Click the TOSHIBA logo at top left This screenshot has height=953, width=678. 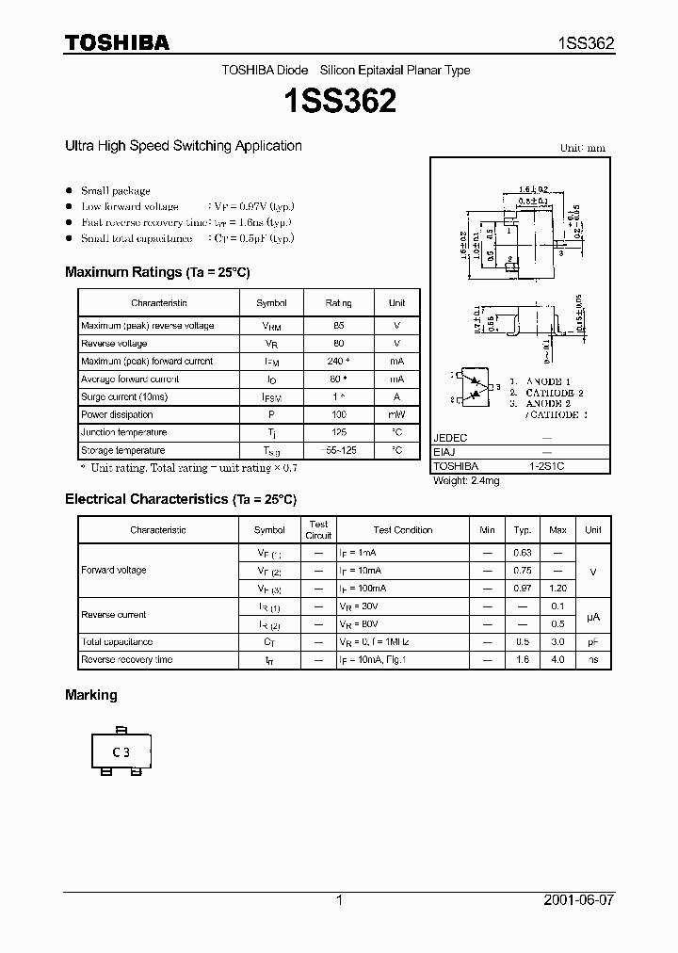click(x=117, y=42)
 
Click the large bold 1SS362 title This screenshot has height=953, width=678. click(x=339, y=101)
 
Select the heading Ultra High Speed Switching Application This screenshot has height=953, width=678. click(x=183, y=146)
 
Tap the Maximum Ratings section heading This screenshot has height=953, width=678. click(x=157, y=272)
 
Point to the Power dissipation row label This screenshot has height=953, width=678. click(x=117, y=414)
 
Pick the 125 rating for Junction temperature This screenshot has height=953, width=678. click(x=339, y=432)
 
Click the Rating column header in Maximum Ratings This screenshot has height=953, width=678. click(x=339, y=303)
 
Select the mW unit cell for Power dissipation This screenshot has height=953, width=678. click(x=396, y=414)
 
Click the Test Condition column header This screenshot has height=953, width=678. click(x=403, y=530)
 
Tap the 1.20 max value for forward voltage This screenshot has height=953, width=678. click(x=557, y=588)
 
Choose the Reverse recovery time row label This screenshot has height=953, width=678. click(x=127, y=660)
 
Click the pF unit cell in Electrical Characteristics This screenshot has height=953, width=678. click(x=592, y=642)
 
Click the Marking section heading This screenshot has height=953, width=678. click(x=91, y=695)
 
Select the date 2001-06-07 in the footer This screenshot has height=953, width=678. click(x=578, y=899)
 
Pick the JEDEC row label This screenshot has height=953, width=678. click(x=450, y=438)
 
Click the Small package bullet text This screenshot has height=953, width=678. click(x=116, y=190)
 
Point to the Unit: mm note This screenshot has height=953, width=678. click(x=583, y=148)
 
